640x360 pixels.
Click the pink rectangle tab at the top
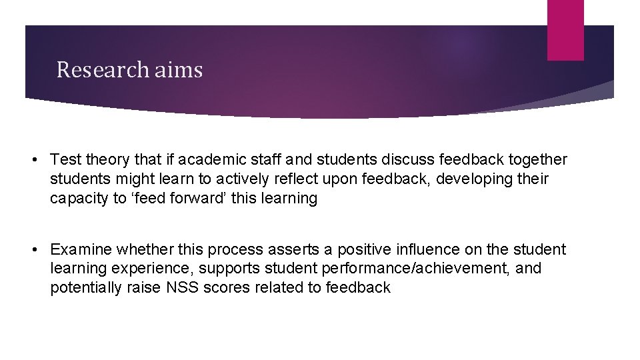point(565,29)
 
